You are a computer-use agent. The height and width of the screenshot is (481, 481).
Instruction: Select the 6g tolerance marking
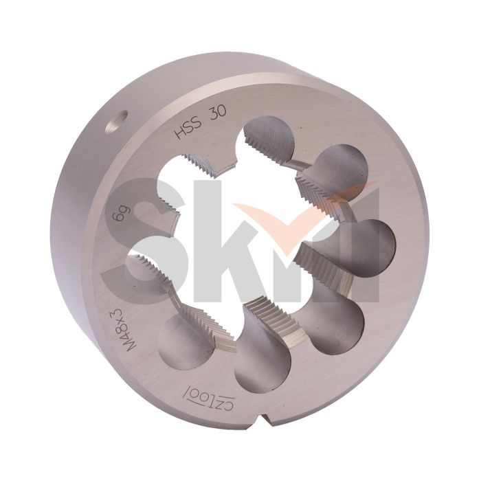pyautogui.click(x=118, y=222)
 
